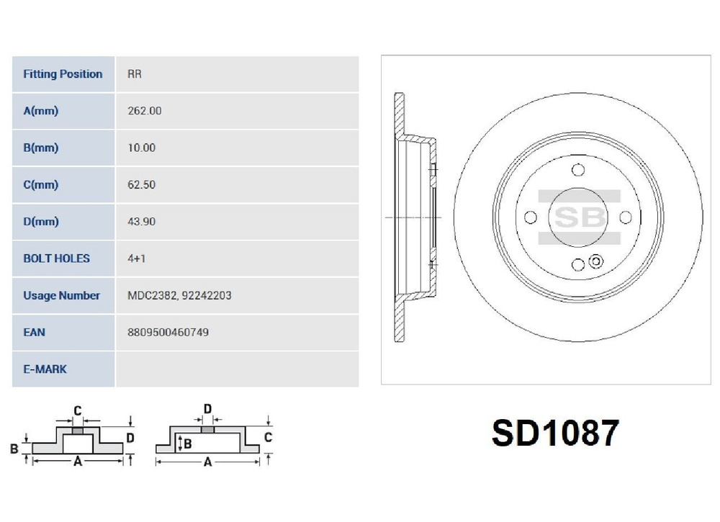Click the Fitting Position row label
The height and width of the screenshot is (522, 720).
click(x=63, y=74)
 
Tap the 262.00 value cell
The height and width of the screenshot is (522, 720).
click(x=144, y=111)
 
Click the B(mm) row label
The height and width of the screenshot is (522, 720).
click(x=41, y=148)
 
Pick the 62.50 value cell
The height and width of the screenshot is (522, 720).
click(x=140, y=184)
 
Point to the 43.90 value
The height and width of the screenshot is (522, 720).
click(x=140, y=222)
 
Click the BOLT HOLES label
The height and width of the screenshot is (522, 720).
click(x=56, y=258)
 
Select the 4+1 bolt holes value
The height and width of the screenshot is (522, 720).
click(x=135, y=258)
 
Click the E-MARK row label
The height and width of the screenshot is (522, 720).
click(x=45, y=369)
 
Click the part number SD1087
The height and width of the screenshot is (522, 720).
click(x=555, y=433)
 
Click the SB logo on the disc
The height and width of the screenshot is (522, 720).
click(x=577, y=217)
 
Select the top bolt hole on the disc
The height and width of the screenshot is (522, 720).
click(x=577, y=170)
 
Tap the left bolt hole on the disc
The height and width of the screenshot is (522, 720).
click(x=531, y=217)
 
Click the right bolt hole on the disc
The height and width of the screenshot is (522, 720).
click(x=625, y=217)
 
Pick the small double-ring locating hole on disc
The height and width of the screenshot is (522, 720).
click(x=595, y=261)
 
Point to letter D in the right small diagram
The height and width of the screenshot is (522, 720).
click(x=207, y=410)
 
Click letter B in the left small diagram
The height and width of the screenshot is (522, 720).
click(x=14, y=449)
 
